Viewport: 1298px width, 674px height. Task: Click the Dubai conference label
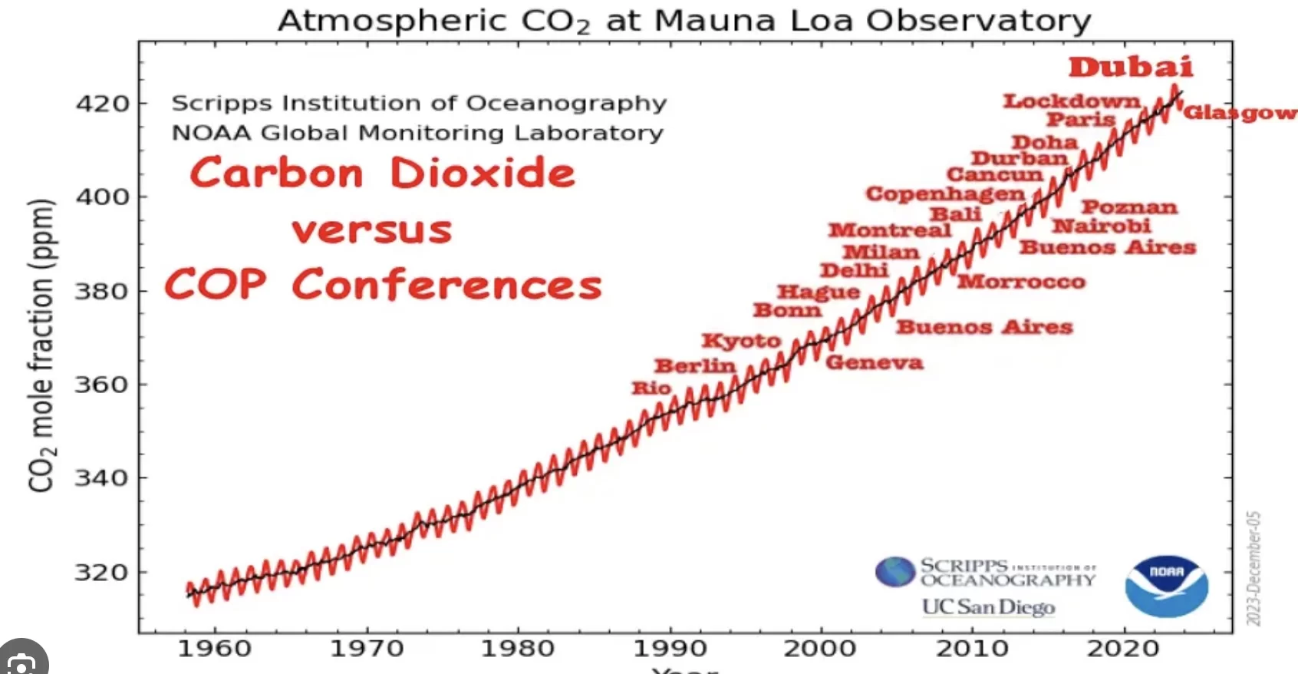click(1131, 67)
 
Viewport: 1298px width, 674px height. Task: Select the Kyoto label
click(741, 340)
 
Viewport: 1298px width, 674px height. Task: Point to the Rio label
click(651, 388)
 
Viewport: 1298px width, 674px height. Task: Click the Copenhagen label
click(945, 193)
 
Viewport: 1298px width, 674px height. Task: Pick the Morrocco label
click(1021, 282)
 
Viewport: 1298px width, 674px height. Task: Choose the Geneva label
click(874, 362)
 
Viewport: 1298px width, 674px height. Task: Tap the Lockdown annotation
click(1072, 101)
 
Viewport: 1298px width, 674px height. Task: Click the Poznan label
click(1129, 207)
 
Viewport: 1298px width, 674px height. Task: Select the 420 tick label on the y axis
click(102, 104)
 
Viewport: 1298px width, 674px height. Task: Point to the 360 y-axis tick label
click(101, 385)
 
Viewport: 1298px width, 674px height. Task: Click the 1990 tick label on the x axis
click(669, 649)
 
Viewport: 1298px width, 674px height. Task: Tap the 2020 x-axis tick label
click(1123, 649)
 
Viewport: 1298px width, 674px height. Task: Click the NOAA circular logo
click(1166, 586)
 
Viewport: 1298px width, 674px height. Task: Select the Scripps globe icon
click(895, 572)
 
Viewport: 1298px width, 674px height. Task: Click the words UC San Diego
click(988, 607)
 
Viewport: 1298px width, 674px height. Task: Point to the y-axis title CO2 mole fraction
click(42, 345)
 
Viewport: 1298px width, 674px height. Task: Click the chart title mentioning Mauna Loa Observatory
click(684, 21)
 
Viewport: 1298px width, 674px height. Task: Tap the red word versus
click(372, 230)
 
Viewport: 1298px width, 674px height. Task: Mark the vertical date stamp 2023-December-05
click(1254, 568)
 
